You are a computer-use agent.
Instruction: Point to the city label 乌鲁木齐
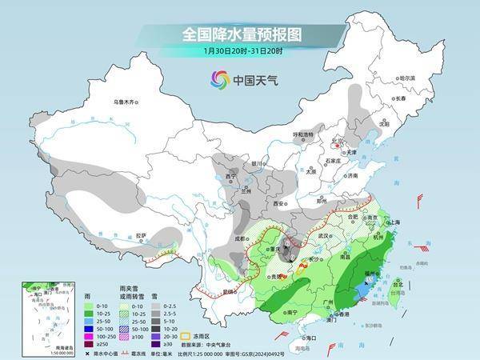pyautogui.click(x=126, y=102)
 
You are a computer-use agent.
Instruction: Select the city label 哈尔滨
pyautogui.click(x=408, y=78)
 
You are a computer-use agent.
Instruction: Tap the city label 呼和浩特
pyautogui.click(x=303, y=134)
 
